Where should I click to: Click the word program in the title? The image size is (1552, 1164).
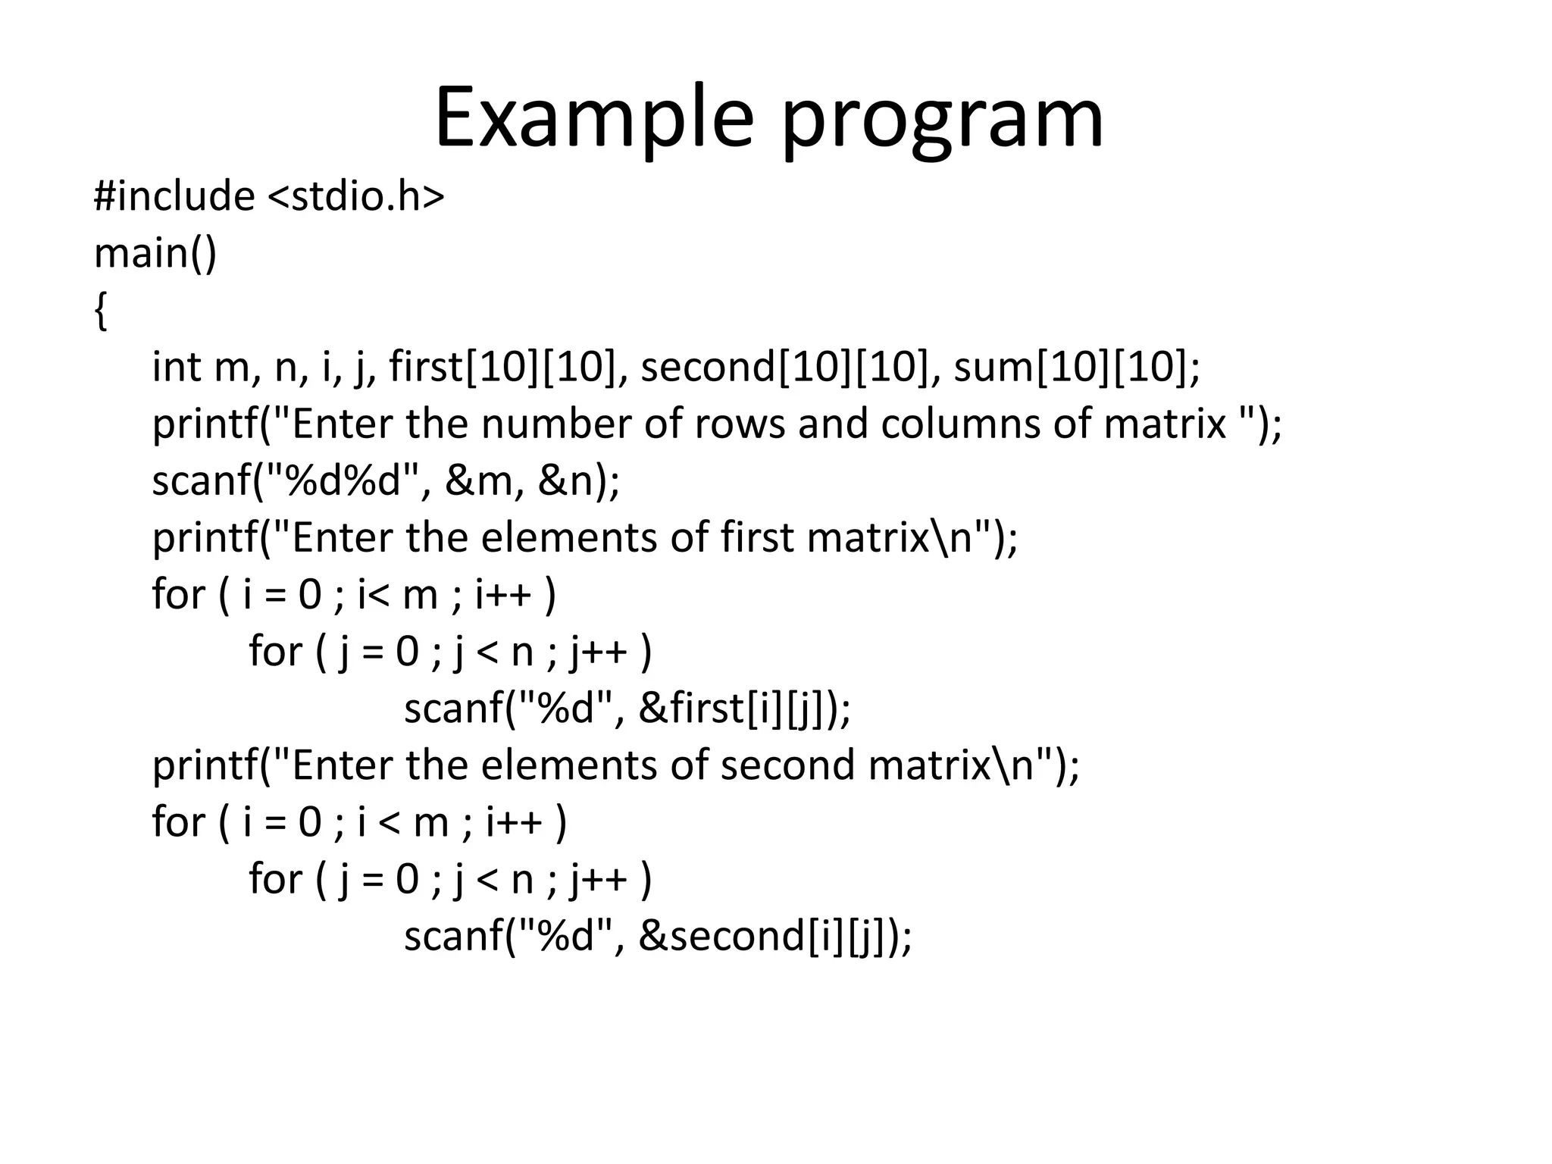(942, 121)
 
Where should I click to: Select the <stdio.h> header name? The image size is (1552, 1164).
(356, 196)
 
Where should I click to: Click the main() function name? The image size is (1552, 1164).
(155, 253)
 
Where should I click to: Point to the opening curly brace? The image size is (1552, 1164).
(100, 311)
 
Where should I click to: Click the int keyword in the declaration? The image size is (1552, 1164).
(176, 367)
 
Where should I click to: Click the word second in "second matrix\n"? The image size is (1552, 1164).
(787, 765)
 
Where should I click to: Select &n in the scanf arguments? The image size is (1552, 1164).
(565, 480)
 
